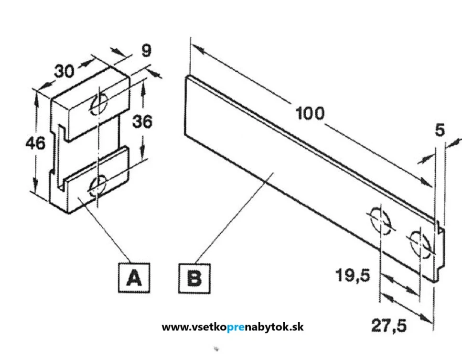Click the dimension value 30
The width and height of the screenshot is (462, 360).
pos(64,71)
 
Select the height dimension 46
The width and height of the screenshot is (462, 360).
pos(35,142)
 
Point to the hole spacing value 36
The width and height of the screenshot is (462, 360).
pos(141,122)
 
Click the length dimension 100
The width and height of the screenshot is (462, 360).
pos(310,114)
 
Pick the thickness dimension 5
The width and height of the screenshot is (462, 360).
pos(440,131)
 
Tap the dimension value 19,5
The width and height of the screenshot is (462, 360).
pos(354,276)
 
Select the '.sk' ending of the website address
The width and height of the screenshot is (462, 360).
pos(296,327)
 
